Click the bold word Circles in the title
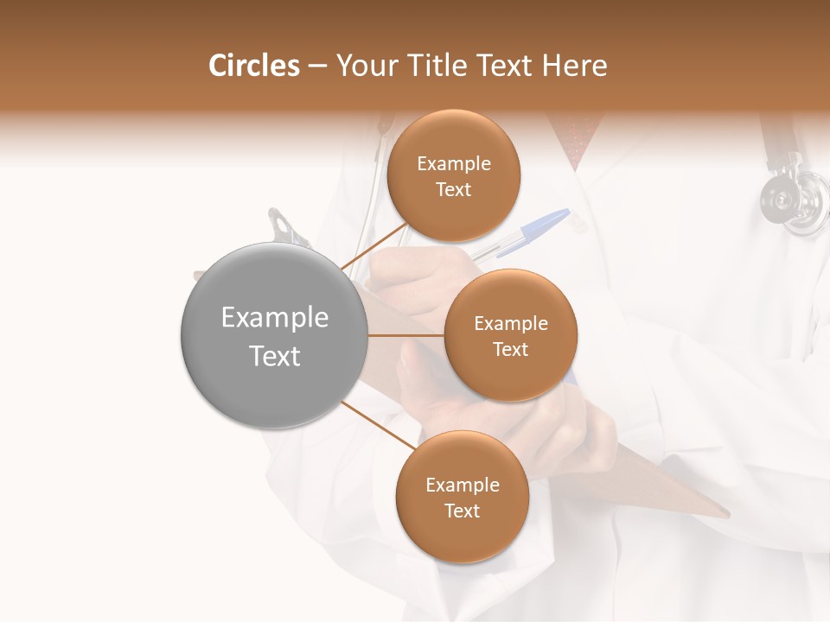click(x=255, y=66)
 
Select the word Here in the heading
click(x=575, y=66)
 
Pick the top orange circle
click(x=453, y=176)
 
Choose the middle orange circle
click(x=510, y=335)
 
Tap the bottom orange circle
click(x=462, y=498)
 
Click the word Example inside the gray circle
click(x=275, y=318)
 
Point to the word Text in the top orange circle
click(x=453, y=190)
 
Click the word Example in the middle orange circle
click(x=510, y=324)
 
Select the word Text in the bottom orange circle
click(x=462, y=511)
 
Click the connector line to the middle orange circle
click(x=406, y=335)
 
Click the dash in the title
click(x=317, y=67)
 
